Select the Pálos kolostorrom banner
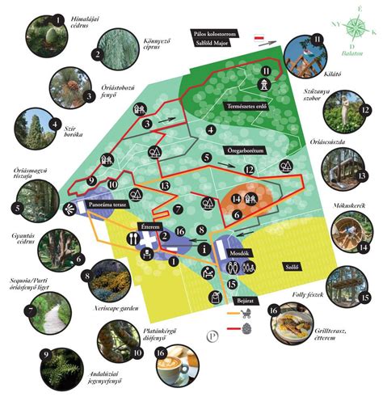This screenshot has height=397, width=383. [x=214, y=34]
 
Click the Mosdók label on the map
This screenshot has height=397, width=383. [x=246, y=251]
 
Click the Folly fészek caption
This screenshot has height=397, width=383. [x=309, y=296]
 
